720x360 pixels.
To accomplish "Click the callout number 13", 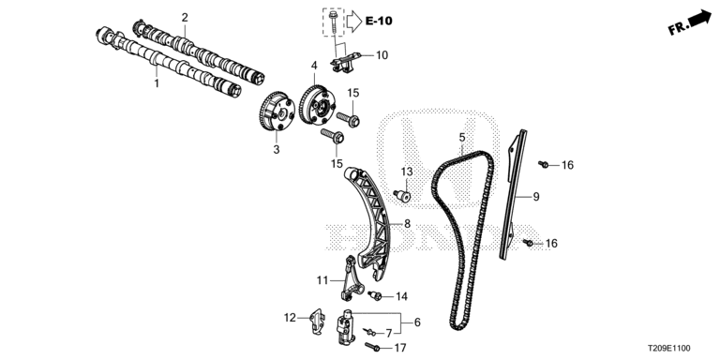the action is [407, 172].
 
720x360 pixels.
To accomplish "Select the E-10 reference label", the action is [379, 21].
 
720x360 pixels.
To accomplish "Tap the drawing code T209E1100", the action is [668, 349].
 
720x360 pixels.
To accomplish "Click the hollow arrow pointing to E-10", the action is [354, 21].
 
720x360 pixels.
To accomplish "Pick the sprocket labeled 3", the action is [276, 112].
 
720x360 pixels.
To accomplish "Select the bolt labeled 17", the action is [372, 347].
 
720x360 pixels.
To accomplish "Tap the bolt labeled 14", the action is [375, 295].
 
